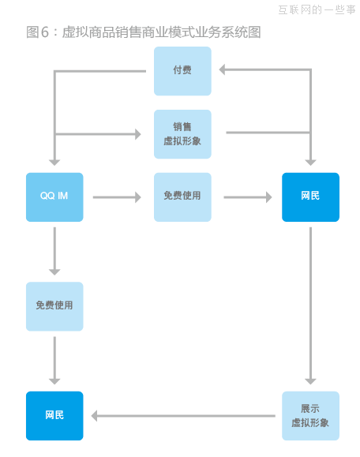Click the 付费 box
point(182,71)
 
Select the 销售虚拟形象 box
point(182,133)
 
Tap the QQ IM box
point(54,197)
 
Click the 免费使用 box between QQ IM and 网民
point(182,197)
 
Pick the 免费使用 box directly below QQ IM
point(54,306)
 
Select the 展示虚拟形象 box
point(310,415)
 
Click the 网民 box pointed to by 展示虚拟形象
point(54,415)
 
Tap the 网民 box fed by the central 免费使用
point(310,197)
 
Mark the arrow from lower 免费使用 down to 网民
point(54,359)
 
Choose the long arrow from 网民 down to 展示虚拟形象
point(310,304)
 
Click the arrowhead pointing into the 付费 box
point(223,70)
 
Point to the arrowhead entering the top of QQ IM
point(54,160)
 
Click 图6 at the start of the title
point(37,32)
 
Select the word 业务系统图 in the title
point(230,32)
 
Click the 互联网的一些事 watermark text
point(317,9)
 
